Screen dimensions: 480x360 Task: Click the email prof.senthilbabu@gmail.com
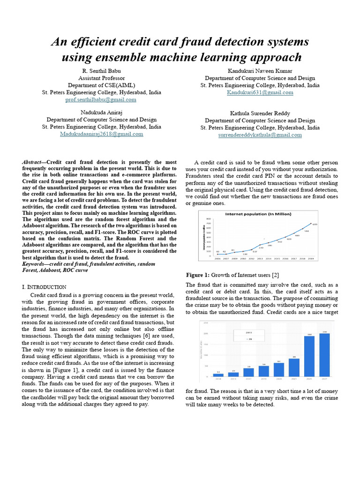coord(101,99)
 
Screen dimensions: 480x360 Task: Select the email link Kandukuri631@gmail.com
coord(260,92)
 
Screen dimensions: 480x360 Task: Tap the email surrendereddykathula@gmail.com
coord(260,135)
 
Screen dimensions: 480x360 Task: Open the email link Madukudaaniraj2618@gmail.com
coord(101,134)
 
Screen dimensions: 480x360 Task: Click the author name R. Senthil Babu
coord(101,71)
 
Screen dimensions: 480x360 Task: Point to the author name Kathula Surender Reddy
coord(260,113)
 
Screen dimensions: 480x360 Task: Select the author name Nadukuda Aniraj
coord(101,113)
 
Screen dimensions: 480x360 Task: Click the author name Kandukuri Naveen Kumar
coord(260,71)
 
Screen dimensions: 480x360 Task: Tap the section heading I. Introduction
coord(44,286)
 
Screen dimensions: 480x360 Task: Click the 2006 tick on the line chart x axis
coord(217,258)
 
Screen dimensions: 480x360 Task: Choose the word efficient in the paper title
coord(92,42)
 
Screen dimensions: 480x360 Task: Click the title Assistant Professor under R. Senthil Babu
coord(101,78)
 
